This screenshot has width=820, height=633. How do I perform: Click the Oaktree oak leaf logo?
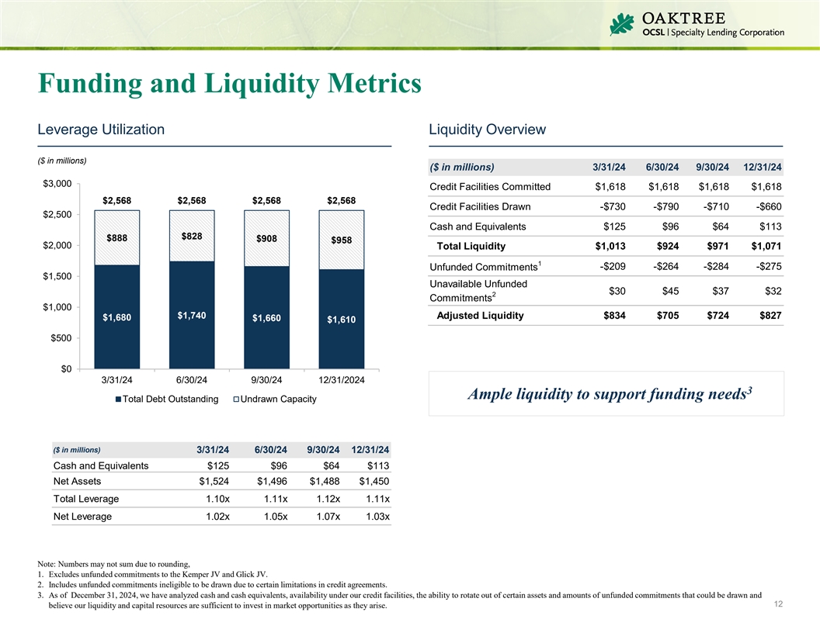tap(622, 26)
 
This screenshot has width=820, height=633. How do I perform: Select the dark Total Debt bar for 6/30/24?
tap(192, 314)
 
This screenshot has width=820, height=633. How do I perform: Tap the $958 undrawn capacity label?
tap(342, 240)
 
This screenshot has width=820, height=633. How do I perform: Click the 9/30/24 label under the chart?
tap(266, 380)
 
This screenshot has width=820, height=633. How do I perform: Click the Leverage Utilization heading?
tap(100, 130)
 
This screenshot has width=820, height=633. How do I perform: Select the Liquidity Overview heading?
tap(487, 130)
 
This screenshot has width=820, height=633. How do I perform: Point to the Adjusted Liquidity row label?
tap(480, 315)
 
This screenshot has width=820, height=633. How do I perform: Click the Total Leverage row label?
tap(86, 499)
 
